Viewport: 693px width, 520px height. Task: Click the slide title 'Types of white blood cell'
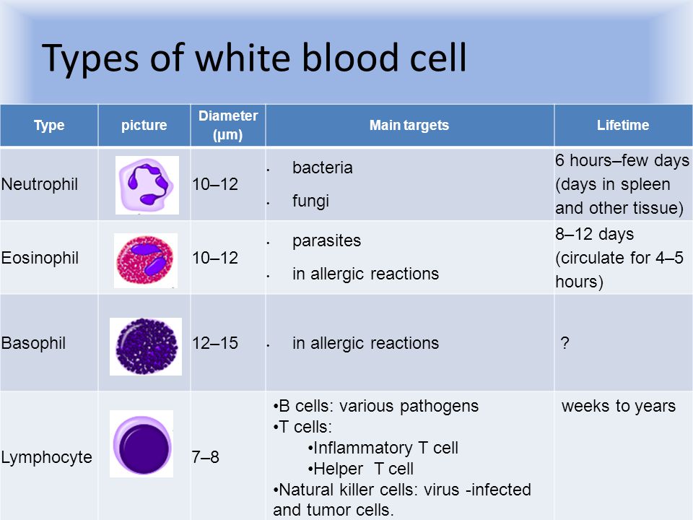[254, 58]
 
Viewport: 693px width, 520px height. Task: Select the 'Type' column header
[49, 125]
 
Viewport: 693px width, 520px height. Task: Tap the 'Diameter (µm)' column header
[228, 125]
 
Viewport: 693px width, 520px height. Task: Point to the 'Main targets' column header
[409, 125]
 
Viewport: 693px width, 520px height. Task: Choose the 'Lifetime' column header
[623, 125]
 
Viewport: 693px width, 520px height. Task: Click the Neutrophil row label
[40, 184]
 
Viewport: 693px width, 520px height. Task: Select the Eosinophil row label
[40, 258]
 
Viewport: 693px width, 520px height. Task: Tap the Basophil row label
[34, 343]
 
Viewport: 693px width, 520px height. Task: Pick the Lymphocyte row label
[47, 457]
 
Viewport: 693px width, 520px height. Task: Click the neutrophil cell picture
[147, 185]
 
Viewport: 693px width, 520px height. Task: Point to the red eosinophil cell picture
[146, 261]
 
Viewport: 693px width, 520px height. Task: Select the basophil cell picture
[146, 347]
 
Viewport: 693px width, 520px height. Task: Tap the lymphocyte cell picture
[141, 443]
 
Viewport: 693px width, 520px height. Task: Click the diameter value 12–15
[215, 343]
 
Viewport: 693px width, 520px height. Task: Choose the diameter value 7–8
[206, 457]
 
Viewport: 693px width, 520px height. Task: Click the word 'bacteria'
[323, 168]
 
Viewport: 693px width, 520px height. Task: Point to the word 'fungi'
[310, 201]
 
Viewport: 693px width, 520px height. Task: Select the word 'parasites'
[326, 241]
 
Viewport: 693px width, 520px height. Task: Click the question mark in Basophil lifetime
[565, 342]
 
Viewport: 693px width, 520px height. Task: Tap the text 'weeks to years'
[619, 406]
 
